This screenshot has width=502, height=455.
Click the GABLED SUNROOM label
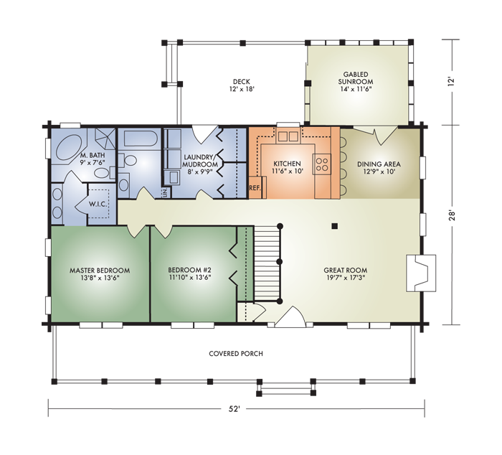point(356,78)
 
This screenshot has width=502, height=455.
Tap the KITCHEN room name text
point(288,164)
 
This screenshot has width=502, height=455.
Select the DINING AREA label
point(379,164)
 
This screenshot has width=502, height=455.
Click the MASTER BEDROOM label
point(100,271)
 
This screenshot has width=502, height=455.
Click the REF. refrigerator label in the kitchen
point(255,188)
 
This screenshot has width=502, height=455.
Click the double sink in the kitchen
point(288,136)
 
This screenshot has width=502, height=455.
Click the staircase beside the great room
point(267,263)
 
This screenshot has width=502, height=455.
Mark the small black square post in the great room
point(335,227)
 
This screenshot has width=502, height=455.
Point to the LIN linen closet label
point(165,192)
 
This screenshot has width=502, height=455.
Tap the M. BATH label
point(90,156)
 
